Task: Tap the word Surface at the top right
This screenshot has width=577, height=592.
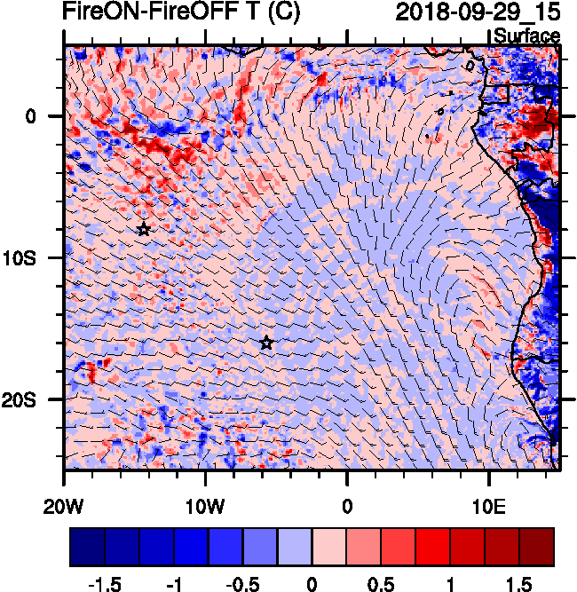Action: (526, 36)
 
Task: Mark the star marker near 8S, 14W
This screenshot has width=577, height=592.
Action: (144, 229)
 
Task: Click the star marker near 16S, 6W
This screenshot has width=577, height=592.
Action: (266, 343)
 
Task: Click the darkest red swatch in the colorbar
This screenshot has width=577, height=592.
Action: (537, 547)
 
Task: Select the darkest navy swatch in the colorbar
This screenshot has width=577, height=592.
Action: (87, 547)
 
